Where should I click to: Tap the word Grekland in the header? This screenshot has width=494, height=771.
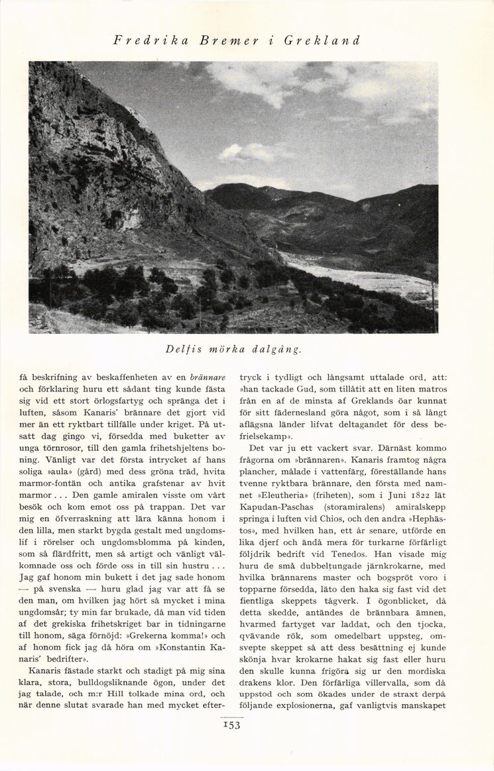(322, 40)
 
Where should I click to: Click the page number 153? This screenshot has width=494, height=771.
(232, 725)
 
